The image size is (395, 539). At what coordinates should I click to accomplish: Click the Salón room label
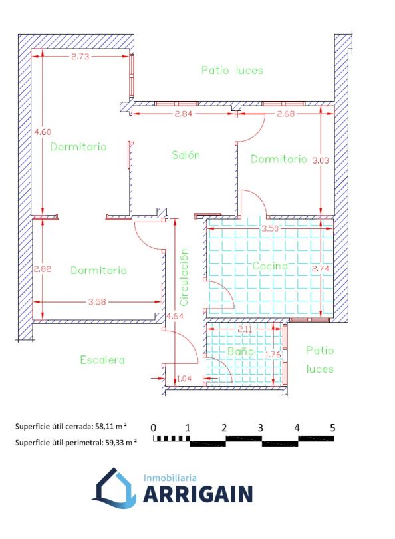coord(186,154)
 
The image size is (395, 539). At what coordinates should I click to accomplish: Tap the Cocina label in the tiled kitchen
coord(270,266)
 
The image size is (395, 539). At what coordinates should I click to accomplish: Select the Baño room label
coord(241,351)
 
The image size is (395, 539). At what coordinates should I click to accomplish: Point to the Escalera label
coord(102,360)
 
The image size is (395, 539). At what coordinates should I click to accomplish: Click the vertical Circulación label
coord(184,277)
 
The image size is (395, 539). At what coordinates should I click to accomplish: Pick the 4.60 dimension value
coord(43,132)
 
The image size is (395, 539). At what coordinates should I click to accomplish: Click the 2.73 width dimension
coord(80,57)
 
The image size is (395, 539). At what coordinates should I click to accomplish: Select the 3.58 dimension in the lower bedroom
coord(97,302)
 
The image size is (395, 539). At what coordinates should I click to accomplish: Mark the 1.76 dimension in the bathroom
coord(274,354)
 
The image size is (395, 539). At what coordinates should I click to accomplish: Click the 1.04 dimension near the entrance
coord(184,379)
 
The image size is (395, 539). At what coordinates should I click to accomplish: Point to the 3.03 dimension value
coord(321,160)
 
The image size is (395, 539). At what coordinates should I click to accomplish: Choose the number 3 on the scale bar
coord(261,428)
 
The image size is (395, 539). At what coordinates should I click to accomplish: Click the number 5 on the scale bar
coord(332,428)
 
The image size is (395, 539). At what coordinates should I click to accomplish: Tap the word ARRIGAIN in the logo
coord(198,494)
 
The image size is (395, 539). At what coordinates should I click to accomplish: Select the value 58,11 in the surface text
coord(105,427)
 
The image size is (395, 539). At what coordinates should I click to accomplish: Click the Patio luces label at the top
coord(232,70)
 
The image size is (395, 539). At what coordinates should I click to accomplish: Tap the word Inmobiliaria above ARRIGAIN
coord(170,478)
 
